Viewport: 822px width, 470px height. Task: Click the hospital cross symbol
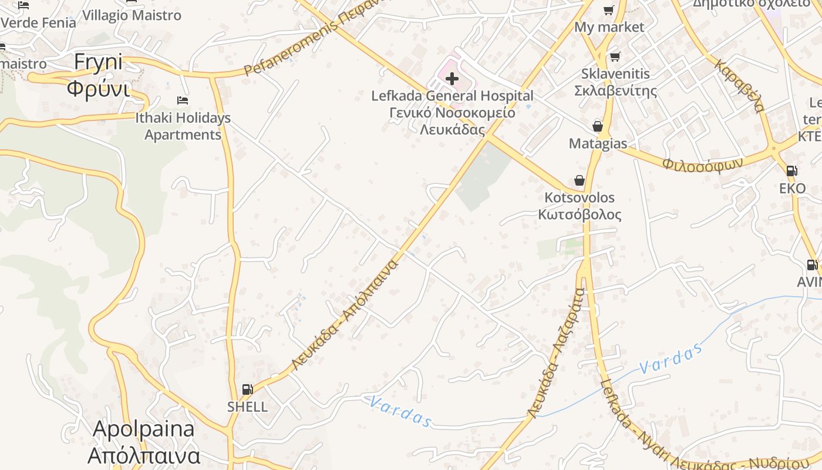click(452, 78)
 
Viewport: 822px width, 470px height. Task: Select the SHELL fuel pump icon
click(248, 389)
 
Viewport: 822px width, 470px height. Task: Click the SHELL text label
click(247, 407)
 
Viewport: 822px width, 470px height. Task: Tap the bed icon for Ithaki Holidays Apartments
click(183, 100)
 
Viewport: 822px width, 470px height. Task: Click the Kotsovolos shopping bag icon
click(580, 180)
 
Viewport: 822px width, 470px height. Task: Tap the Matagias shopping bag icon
click(598, 126)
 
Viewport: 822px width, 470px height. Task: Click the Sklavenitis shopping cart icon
click(615, 56)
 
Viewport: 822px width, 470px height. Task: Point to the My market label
click(609, 27)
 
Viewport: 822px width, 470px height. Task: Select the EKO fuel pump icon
click(791, 171)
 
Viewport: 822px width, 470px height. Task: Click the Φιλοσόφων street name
click(703, 163)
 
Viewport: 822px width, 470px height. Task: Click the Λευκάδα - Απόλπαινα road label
click(345, 315)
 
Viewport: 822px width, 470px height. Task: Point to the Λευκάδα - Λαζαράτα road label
click(555, 352)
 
